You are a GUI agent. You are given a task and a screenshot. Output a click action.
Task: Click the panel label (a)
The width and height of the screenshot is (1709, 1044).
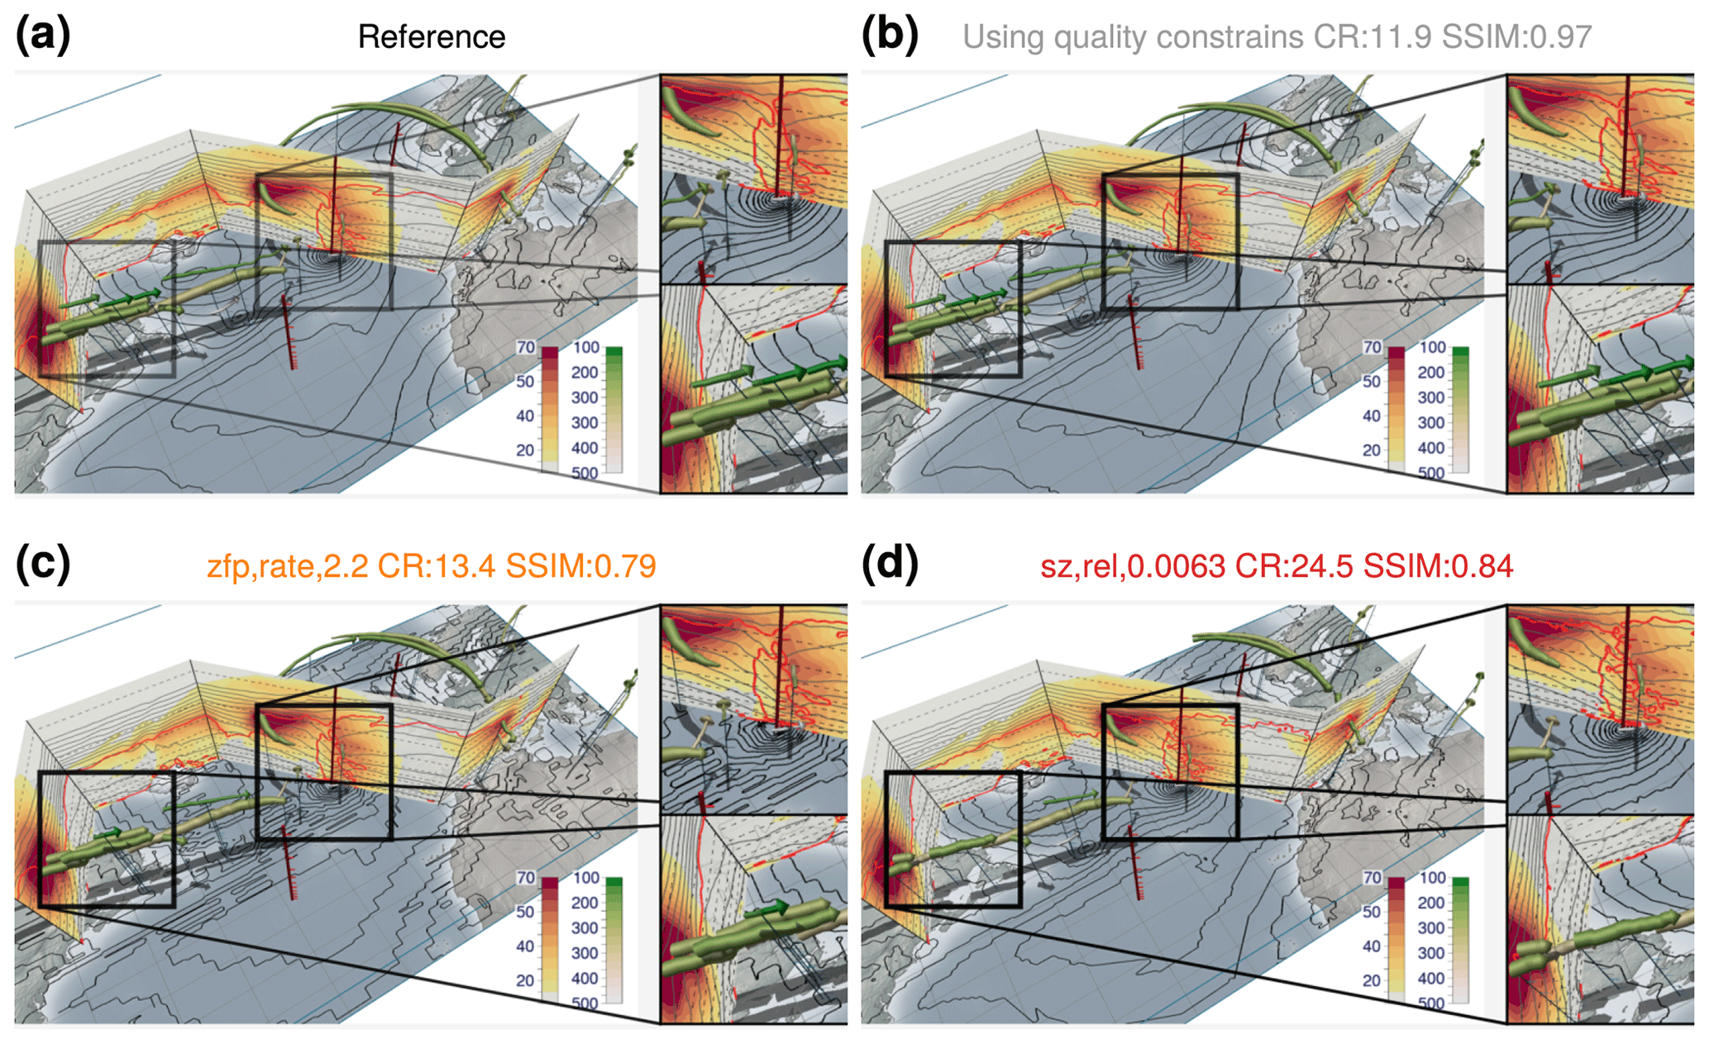pyautogui.click(x=42, y=36)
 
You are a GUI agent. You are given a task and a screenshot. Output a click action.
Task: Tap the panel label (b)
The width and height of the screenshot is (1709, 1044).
pyautogui.click(x=889, y=36)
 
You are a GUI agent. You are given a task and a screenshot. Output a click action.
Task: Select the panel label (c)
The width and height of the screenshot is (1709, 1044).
pyautogui.click(x=42, y=565)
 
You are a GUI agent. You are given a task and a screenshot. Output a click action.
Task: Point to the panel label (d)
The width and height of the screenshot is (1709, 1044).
pyautogui.click(x=889, y=565)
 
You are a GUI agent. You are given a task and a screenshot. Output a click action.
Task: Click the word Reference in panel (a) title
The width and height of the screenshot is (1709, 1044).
pyautogui.click(x=431, y=37)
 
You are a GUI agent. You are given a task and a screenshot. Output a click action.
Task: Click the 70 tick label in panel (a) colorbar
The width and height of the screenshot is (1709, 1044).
pyautogui.click(x=526, y=348)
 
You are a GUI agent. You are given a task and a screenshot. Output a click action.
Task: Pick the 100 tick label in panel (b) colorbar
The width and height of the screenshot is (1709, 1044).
pyautogui.click(x=1432, y=348)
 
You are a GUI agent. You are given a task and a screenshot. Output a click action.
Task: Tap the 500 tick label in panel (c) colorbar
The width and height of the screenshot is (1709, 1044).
pyautogui.click(x=585, y=1003)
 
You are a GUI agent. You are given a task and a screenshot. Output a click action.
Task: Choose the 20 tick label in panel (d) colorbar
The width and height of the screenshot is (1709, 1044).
pyautogui.click(x=1372, y=980)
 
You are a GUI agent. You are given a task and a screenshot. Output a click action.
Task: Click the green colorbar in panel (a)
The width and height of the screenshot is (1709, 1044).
pyautogui.click(x=613, y=409)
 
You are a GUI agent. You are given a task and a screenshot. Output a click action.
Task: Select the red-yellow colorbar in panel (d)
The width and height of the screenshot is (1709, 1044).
pyautogui.click(x=1396, y=939)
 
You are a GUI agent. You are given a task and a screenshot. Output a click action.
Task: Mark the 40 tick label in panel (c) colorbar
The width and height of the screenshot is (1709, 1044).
pyautogui.click(x=525, y=946)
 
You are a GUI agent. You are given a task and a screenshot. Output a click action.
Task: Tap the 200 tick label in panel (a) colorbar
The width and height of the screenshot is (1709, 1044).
pyautogui.click(x=585, y=373)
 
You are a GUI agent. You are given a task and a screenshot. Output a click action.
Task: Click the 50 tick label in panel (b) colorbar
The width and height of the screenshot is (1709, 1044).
pyautogui.click(x=1372, y=382)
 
